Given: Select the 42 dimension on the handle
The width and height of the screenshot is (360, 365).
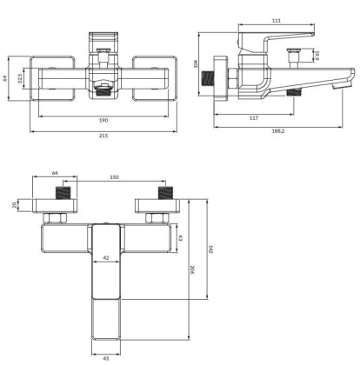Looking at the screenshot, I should coord(103,258).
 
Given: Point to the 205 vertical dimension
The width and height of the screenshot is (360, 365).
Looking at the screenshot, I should coord(193,271).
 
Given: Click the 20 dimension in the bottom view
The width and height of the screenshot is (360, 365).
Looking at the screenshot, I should coord(15,205).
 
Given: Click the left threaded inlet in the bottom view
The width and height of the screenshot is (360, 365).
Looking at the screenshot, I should coord(55,190).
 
